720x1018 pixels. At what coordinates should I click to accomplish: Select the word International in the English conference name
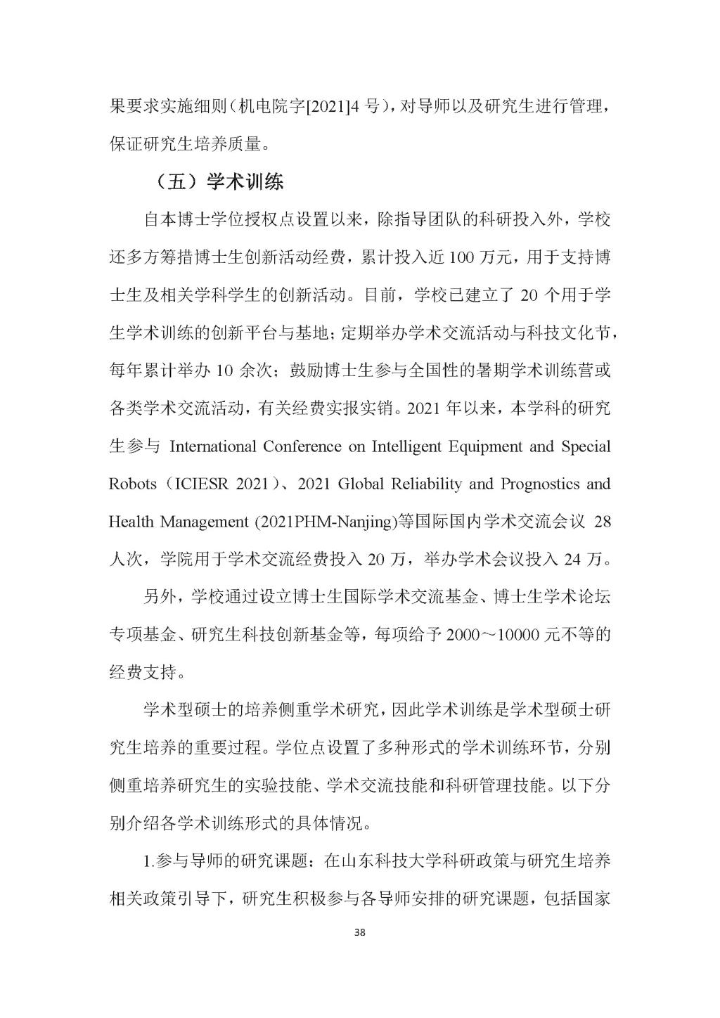tap(214, 446)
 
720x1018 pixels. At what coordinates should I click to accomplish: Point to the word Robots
tap(131, 484)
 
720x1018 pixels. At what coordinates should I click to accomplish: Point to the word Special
tap(586, 446)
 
